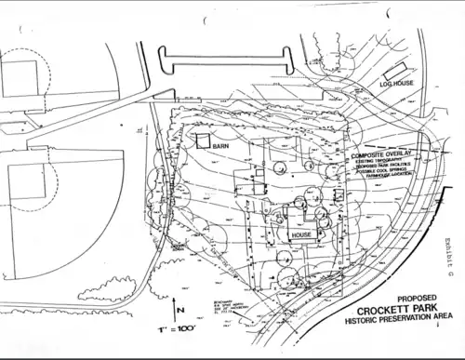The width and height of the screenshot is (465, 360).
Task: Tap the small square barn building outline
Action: pos(202,139)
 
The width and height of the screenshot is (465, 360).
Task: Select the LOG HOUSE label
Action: pos(395,84)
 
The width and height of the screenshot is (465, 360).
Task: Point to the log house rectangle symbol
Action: pos(394,71)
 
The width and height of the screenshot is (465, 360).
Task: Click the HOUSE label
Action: pos(301,235)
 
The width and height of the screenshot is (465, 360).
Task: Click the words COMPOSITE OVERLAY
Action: pos(383,155)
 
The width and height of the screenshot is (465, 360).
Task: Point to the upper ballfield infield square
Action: pos(20,72)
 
